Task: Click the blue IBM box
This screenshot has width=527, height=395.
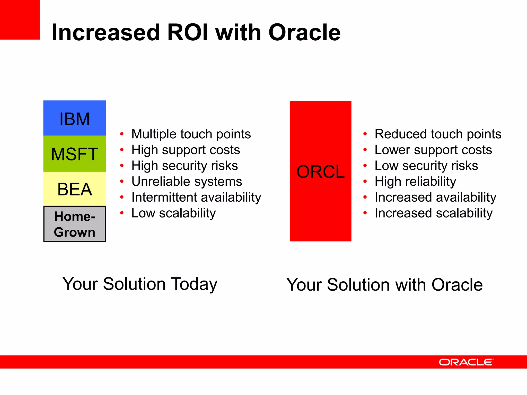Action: click(74, 118)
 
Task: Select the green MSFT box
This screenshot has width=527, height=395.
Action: click(74, 154)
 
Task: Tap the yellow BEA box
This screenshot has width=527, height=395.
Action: click(74, 189)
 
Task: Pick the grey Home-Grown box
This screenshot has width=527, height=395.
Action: click(74, 224)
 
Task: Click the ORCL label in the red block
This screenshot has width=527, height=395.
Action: click(320, 172)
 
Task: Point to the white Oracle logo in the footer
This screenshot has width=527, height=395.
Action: click(466, 362)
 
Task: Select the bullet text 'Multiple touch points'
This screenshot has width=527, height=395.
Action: click(191, 134)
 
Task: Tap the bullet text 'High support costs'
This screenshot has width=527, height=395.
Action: click(186, 150)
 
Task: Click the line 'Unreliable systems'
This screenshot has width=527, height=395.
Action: click(187, 182)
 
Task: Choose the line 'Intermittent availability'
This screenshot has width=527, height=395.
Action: click(196, 197)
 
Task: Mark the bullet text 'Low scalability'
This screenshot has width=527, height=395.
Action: click(173, 213)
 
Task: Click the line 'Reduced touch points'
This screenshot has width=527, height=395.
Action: click(438, 134)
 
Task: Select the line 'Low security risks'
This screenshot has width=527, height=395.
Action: click(426, 166)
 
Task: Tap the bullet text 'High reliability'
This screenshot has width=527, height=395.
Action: click(415, 182)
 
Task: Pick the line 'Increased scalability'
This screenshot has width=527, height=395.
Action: click(433, 213)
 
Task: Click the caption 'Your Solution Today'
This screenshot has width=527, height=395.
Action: click(140, 284)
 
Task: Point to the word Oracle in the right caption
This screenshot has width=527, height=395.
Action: click(457, 285)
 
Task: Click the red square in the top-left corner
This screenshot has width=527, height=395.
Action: click(20, 20)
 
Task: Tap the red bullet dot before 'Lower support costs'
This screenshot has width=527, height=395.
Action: click(365, 150)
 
